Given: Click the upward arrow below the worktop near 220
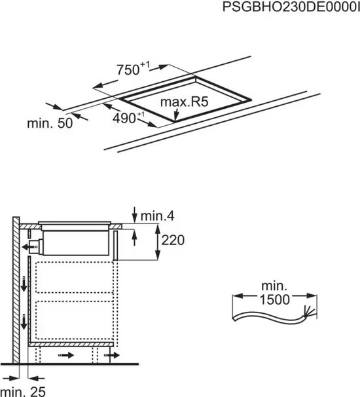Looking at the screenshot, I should pos(134,237).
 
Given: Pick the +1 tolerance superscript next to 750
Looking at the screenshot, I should pos(145,64).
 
